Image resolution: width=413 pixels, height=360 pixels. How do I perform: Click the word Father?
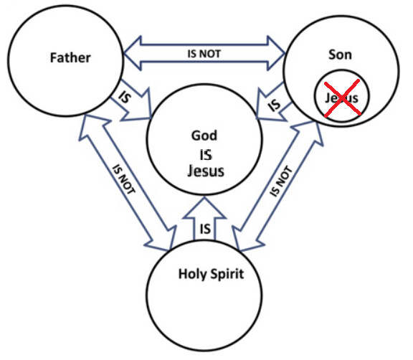click(70, 57)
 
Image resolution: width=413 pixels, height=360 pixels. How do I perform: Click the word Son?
click(340, 55)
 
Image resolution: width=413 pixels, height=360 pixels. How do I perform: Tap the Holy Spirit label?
click(211, 274)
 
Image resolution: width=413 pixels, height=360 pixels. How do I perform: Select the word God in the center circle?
click(204, 136)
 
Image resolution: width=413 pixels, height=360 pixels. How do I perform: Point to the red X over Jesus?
click(342, 98)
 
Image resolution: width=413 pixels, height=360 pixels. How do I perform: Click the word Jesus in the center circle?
click(206, 171)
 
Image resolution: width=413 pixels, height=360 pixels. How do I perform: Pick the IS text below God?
click(206, 155)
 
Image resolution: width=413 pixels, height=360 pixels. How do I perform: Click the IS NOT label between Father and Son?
click(204, 54)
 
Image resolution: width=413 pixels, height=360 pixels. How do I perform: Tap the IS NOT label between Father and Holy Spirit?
click(123, 179)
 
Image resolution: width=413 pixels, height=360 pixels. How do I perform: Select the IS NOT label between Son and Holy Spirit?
click(281, 181)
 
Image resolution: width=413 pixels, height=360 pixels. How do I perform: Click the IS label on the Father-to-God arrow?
click(125, 97)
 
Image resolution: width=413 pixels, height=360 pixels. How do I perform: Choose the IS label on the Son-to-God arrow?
click(274, 105)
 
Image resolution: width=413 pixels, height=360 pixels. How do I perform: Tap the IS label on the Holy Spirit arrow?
click(205, 229)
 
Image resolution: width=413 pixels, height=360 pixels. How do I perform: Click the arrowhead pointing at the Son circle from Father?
click(276, 54)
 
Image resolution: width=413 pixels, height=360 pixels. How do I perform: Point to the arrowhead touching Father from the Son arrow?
click(133, 54)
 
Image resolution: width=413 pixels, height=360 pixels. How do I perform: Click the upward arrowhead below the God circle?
click(204, 208)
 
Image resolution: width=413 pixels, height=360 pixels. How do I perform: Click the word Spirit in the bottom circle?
click(227, 274)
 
